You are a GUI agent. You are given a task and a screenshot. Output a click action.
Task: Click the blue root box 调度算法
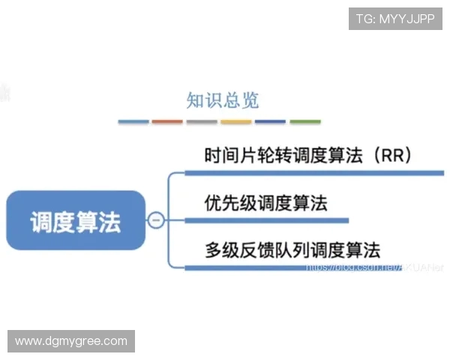tap(75, 220)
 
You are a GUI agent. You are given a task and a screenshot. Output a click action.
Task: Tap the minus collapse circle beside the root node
tap(157, 220)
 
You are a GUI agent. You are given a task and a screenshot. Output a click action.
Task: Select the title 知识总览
tap(222, 100)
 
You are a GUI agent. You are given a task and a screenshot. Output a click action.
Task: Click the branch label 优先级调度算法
tap(265, 202)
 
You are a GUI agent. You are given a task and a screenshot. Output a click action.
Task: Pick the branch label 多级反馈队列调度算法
tap(292, 250)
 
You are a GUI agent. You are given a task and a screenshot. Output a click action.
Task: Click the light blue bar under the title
tap(133, 121)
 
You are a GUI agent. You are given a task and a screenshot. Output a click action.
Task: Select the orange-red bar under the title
tap(167, 121)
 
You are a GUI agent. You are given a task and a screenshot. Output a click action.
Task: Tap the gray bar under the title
tap(202, 121)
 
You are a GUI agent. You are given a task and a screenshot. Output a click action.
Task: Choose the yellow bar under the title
tap(236, 121)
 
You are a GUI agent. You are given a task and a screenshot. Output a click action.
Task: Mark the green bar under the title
tap(305, 121)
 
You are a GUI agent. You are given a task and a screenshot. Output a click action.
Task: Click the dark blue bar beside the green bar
tap(271, 121)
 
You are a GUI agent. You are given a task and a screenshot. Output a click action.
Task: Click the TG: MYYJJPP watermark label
tap(395, 19)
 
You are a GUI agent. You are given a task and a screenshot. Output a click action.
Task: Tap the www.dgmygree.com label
tap(71, 341)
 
